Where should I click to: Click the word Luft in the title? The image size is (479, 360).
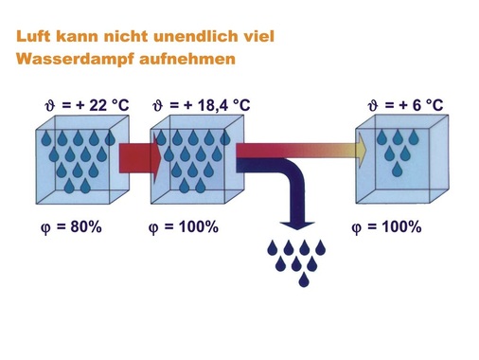[x=31, y=39]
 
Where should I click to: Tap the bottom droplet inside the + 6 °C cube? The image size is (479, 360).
[x=397, y=171]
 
